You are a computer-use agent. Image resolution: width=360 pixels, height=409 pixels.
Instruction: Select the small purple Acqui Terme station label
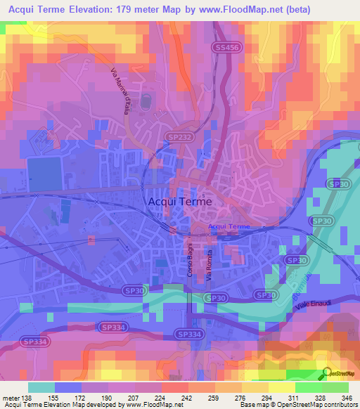[x=229, y=226]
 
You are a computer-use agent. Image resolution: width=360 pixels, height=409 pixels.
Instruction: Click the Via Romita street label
[x=209, y=265]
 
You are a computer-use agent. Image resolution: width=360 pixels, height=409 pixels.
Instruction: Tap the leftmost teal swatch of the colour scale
[x=41, y=387]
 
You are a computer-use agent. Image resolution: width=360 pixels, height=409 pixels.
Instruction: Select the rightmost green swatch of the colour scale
[x=335, y=387]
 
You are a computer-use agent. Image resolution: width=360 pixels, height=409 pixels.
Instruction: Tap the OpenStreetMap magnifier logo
[x=327, y=372]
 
